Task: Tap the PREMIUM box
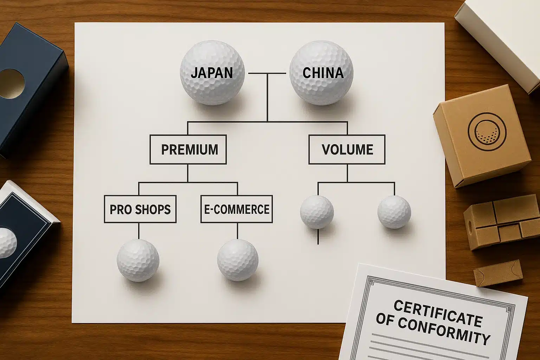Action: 188,149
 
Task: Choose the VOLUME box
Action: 347,149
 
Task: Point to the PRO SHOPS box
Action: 140,209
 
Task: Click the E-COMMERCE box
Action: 237,209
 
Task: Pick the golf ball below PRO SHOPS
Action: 138,261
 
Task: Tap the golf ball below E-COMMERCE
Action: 238,260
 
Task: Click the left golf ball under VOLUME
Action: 317,212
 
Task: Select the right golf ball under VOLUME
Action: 394,212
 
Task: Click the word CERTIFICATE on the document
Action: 438,313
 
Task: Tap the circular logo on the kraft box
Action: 487,130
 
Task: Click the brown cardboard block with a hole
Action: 501,221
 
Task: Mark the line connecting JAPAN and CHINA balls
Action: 267,73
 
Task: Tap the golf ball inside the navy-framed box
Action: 7,242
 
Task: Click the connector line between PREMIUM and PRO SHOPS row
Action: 188,173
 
